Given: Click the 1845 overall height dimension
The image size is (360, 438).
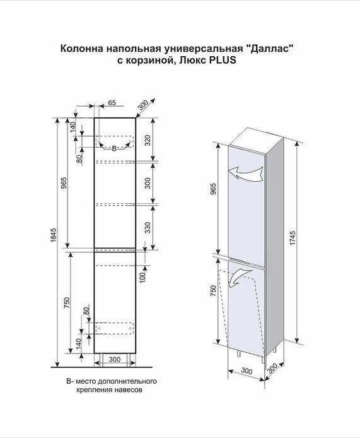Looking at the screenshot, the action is (x=54, y=235).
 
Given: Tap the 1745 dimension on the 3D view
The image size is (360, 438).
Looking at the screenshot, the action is (x=293, y=238).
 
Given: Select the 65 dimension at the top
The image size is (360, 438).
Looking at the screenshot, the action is (x=112, y=103).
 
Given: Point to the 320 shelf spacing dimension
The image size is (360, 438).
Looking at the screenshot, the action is (x=148, y=140).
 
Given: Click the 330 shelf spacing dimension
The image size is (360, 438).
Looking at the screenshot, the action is (x=148, y=227).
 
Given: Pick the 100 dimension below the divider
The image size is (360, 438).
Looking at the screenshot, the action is (x=142, y=278).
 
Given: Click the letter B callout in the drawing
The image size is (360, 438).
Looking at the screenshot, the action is (x=114, y=148).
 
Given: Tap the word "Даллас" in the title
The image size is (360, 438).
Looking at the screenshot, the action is (x=270, y=49).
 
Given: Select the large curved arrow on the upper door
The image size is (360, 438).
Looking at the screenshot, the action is (x=246, y=173).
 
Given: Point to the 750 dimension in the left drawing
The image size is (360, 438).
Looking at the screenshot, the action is (x=67, y=303).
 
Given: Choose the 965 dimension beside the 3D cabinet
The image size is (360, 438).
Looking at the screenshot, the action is (x=214, y=189).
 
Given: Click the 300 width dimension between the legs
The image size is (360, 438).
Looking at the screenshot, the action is (x=114, y=359).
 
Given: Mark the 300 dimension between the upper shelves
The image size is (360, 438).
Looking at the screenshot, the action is (x=148, y=183).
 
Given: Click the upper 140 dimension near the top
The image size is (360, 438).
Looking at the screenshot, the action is (x=73, y=127).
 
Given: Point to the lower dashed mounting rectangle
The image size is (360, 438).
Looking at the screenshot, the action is (x=114, y=328).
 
